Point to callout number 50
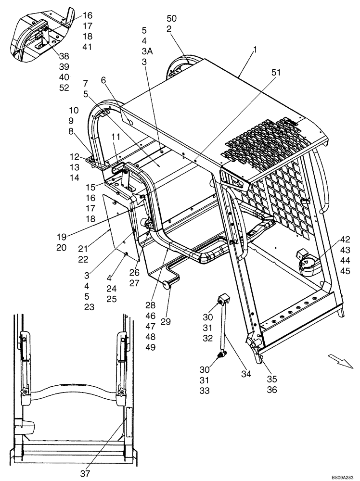click(172, 19)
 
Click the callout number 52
click(64, 88)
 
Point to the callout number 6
click(103, 82)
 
